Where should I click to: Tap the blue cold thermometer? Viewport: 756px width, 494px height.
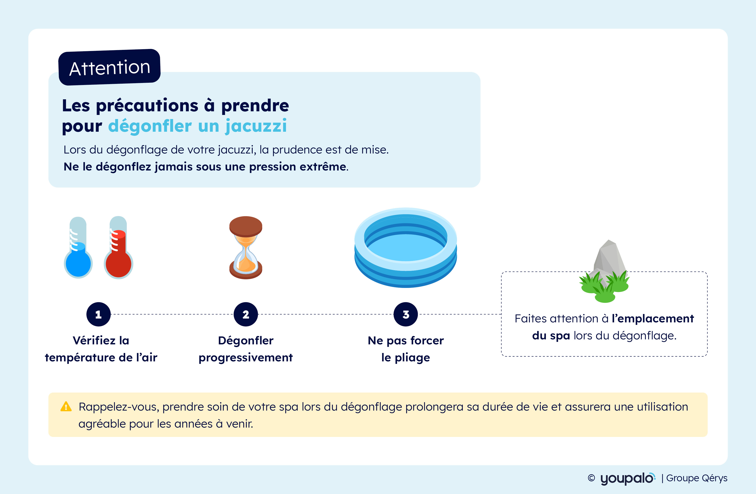click(x=78, y=247)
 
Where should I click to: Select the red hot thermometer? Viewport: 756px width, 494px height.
click(x=118, y=247)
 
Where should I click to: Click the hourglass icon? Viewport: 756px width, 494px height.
click(x=246, y=248)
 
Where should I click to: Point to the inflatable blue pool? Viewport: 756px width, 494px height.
click(x=406, y=248)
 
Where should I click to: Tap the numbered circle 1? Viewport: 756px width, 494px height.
click(x=98, y=314)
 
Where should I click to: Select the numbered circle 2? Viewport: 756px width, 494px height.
click(x=246, y=314)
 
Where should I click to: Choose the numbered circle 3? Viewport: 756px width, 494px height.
click(x=406, y=314)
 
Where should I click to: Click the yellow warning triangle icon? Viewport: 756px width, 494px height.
click(x=66, y=407)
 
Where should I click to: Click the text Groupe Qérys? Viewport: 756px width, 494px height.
click(x=697, y=478)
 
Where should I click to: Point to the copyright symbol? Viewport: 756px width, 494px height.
click(x=591, y=478)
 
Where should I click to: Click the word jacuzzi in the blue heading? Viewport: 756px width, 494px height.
click(x=256, y=126)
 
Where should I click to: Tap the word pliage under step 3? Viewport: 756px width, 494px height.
click(x=412, y=358)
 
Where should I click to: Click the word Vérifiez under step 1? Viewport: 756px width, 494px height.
click(x=94, y=340)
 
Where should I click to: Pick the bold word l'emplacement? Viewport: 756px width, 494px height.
click(x=653, y=319)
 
